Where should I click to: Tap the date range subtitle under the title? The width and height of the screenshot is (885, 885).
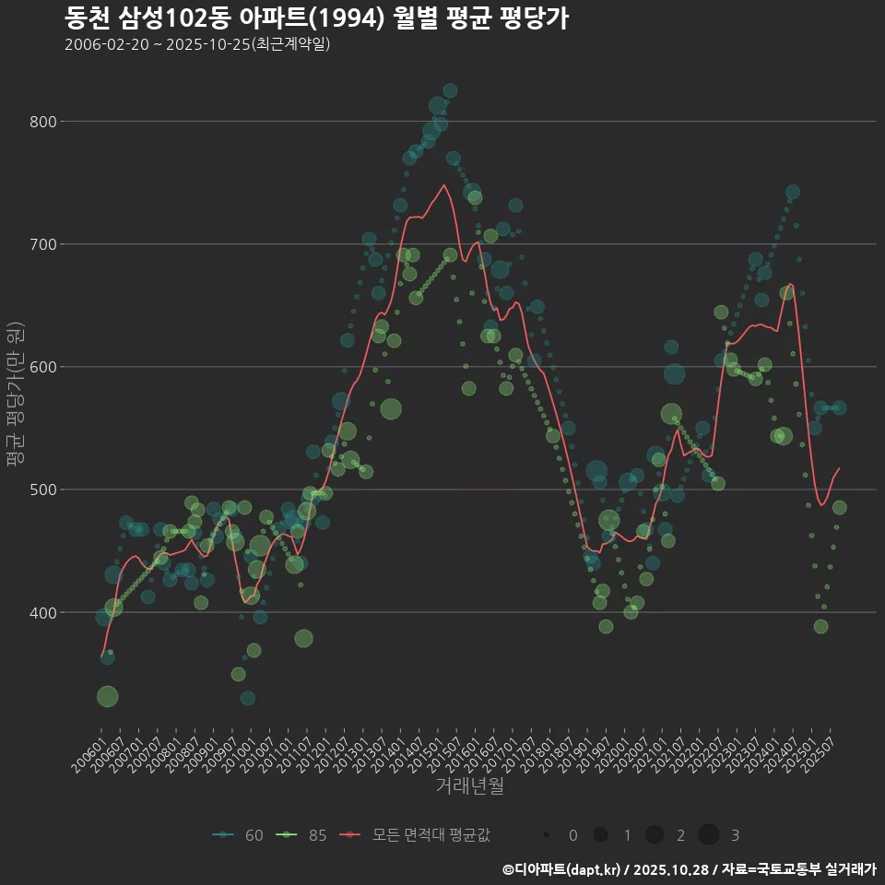coord(197,44)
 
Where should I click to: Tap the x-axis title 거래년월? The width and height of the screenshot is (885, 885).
coord(469,786)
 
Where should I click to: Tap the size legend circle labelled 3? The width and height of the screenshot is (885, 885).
coord(708,835)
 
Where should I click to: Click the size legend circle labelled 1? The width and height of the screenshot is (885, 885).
coord(600,835)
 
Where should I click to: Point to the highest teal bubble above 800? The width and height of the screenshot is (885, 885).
coord(450,90)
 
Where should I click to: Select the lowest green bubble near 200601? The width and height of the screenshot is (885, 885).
coord(108,696)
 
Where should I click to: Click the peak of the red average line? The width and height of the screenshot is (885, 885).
coord(444,185)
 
